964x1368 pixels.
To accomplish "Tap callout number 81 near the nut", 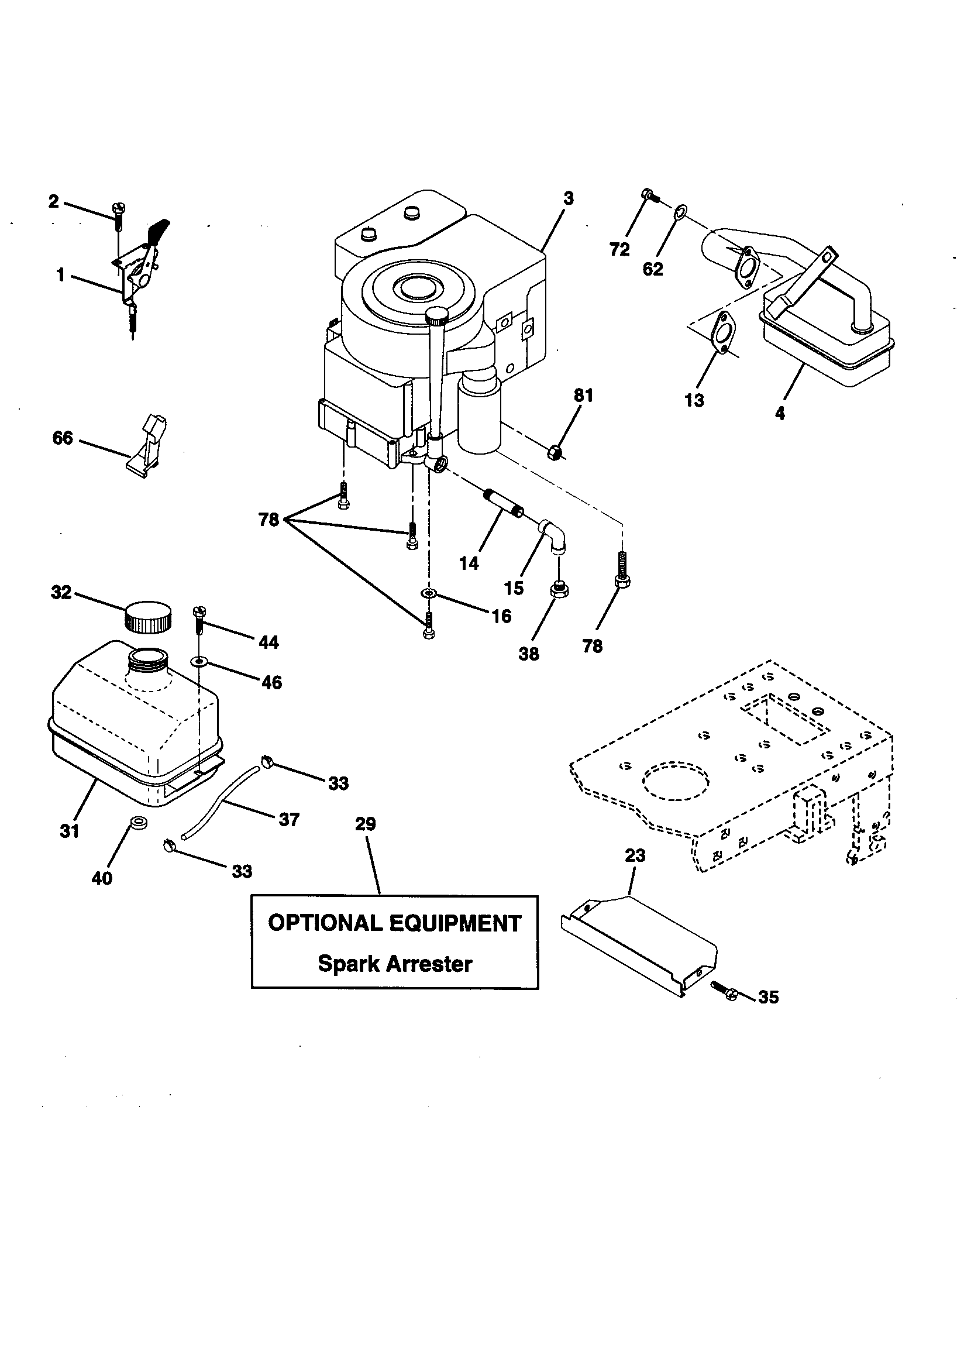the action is (583, 395).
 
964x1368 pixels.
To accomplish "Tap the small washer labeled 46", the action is (198, 661).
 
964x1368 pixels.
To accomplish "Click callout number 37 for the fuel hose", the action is (288, 819).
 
